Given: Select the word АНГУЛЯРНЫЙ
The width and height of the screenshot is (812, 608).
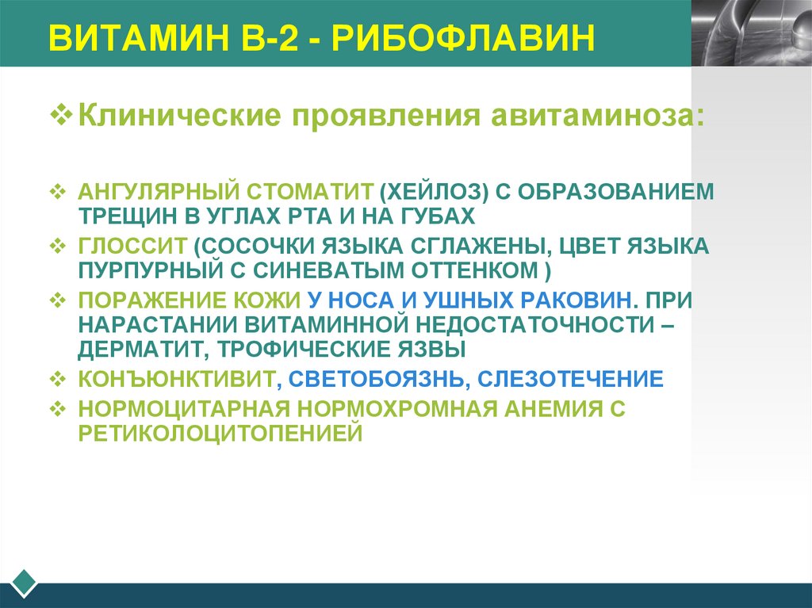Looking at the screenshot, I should (x=159, y=192).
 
